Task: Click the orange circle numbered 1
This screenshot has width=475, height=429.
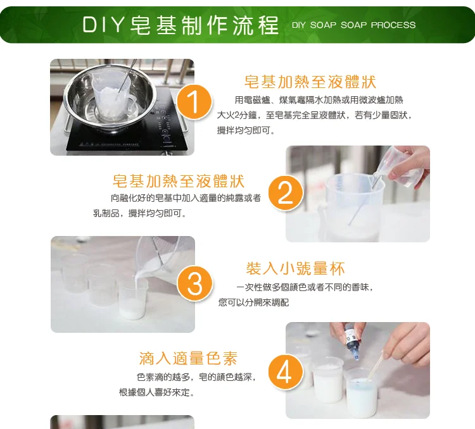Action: [x=194, y=101]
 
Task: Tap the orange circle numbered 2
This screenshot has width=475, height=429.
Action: [x=286, y=193]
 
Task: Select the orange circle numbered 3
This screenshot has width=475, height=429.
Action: [x=195, y=283]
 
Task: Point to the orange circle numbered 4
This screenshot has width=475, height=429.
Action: [x=286, y=372]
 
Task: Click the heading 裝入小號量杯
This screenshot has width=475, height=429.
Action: [x=295, y=268]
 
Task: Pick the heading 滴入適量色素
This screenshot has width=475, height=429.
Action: [x=188, y=359]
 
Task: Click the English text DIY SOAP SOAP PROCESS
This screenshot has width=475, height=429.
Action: [x=353, y=25]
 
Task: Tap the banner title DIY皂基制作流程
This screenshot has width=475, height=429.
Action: [x=180, y=25]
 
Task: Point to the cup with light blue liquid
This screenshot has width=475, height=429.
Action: [x=360, y=394]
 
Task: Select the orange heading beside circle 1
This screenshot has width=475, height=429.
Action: [x=310, y=82]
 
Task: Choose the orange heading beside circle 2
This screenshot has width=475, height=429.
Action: [x=178, y=181]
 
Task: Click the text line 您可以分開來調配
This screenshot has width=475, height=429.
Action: [x=253, y=302]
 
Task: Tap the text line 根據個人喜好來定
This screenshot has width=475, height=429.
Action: [x=156, y=392]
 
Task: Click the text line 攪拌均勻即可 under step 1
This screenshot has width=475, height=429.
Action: [x=246, y=130]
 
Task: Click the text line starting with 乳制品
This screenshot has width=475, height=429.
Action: [x=140, y=213]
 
